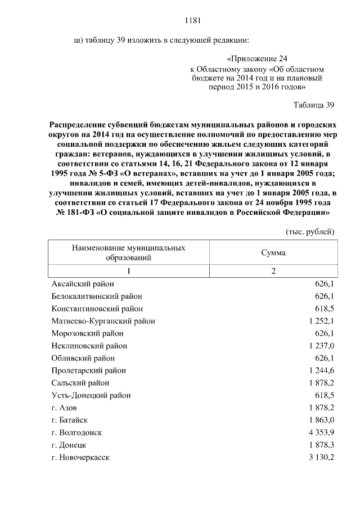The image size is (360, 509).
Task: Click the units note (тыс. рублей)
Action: pyautogui.click(x=310, y=231)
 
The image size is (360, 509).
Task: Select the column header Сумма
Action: pyautogui.click(x=273, y=253)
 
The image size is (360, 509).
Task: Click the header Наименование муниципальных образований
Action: pyautogui.click(x=129, y=253)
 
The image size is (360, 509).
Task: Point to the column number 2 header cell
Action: pyautogui.click(x=273, y=272)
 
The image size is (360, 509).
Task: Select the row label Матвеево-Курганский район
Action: pyautogui.click(x=103, y=321)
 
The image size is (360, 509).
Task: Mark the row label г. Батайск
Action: pyautogui.click(x=69, y=420)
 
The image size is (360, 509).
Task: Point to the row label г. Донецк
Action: pyautogui.click(x=68, y=445)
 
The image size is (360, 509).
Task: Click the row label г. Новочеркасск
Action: pyautogui.click(x=80, y=457)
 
